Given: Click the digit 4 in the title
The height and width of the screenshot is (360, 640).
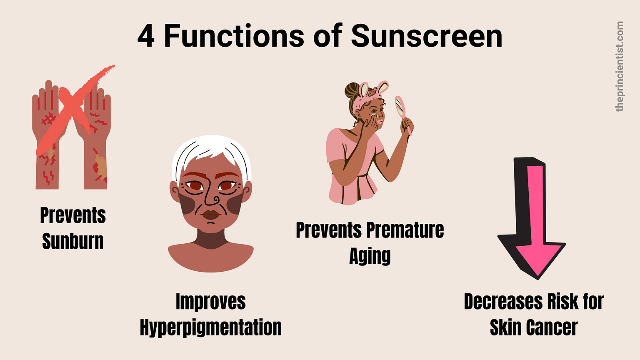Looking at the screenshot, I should point(146,36).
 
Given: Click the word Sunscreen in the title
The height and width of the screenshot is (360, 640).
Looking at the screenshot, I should point(427,36).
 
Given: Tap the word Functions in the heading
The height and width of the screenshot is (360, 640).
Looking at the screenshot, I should point(235,36).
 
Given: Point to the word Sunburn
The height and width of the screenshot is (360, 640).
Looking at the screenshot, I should point(73,242).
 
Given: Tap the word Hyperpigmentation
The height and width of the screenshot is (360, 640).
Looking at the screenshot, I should point(211,328).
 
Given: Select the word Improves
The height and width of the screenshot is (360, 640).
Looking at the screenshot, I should point(211,302).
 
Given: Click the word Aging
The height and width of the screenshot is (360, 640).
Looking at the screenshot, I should point(370,256).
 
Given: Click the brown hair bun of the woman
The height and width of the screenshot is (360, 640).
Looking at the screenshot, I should point(352,90).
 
